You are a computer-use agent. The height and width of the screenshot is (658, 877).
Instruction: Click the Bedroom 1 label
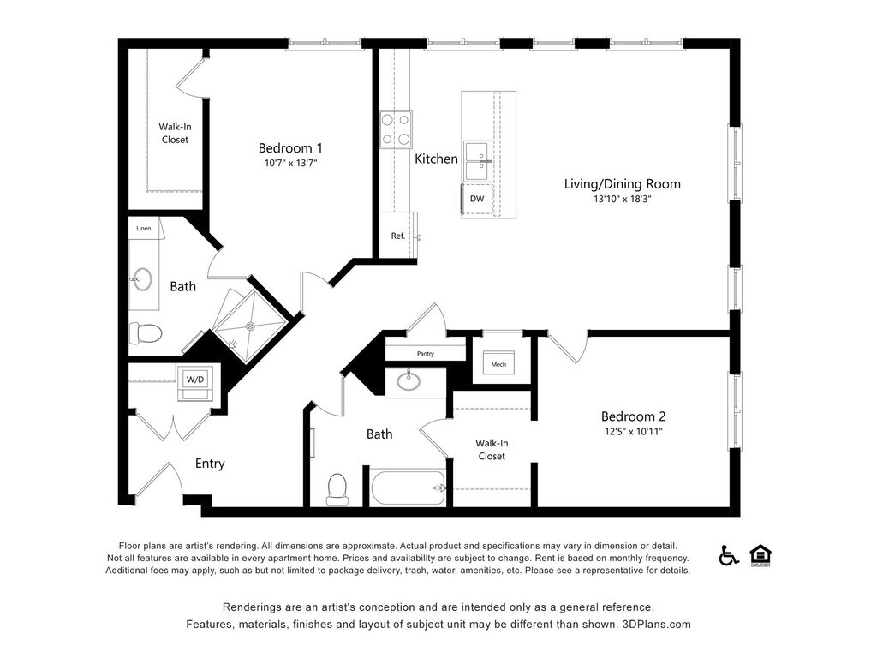pos(289,148)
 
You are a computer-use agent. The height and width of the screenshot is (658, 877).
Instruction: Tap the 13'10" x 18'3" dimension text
pos(623,199)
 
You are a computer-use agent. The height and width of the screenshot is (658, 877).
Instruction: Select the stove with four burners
pos(396,129)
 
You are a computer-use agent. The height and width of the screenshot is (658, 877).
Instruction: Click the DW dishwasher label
pos(477,199)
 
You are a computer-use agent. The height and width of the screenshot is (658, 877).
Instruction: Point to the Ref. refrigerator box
pos(397,236)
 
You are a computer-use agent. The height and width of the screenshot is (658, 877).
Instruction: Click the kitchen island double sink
pos(478,162)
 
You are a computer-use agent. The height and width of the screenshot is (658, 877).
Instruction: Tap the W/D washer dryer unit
pos(194,383)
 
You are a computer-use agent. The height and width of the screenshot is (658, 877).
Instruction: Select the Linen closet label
pos(144,228)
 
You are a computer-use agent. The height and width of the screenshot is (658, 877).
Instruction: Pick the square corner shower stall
pos(251,326)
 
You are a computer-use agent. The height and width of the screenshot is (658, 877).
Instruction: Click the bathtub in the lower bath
pos(409,488)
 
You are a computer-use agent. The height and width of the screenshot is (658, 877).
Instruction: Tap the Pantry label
pos(426,354)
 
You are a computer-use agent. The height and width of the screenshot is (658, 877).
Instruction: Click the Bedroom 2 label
pos(633,416)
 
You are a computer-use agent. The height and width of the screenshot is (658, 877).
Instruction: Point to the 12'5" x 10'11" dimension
pos(633,432)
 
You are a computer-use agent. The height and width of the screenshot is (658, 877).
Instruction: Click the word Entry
pos(210,464)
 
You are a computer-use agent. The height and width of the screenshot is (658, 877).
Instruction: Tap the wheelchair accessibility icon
pos(728,555)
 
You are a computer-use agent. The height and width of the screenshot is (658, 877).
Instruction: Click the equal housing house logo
pos(761,555)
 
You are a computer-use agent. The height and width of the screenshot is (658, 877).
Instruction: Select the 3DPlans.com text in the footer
pos(656,625)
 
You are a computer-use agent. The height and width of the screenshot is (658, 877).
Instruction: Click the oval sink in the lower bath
pos(409,381)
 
